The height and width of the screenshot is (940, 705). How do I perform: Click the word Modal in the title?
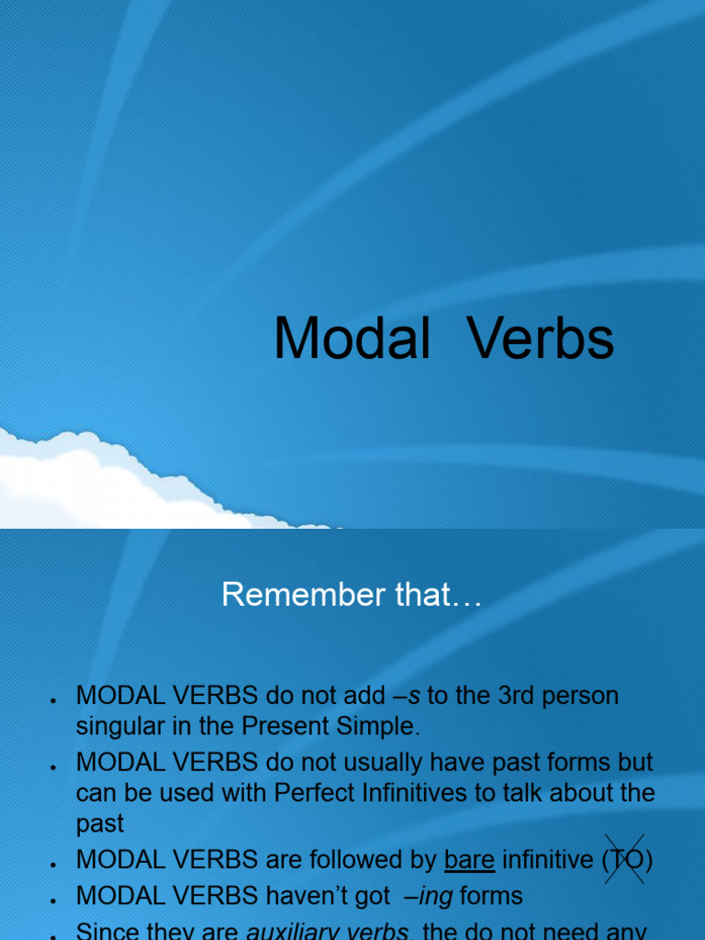pos(352,338)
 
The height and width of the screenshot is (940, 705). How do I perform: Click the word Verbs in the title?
pos(541,338)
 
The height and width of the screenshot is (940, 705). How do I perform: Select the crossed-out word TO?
pos(625,860)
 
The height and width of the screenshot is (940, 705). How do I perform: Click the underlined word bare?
pos(469,860)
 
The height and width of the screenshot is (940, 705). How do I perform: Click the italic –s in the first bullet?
pos(406,696)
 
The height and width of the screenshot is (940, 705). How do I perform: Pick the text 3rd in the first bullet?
pos(521,696)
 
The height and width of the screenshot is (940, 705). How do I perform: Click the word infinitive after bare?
pos(548,860)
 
